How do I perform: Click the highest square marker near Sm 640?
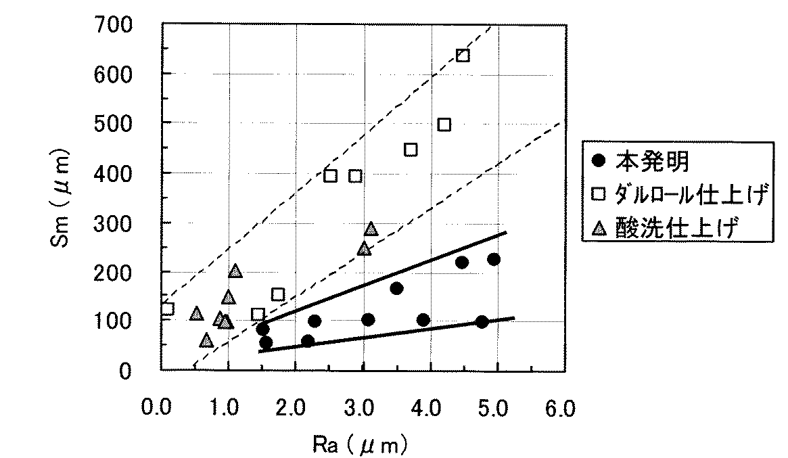coord(463,55)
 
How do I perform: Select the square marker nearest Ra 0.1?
coord(167,309)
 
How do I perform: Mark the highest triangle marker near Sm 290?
coord(371,229)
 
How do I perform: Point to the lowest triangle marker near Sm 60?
coord(206,340)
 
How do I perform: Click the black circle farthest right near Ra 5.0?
coord(494,259)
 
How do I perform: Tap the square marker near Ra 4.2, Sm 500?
coord(444,124)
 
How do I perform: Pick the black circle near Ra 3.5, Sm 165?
coord(396,288)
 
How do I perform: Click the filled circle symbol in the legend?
coord(598,162)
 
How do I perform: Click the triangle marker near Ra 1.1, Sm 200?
coord(235,271)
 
